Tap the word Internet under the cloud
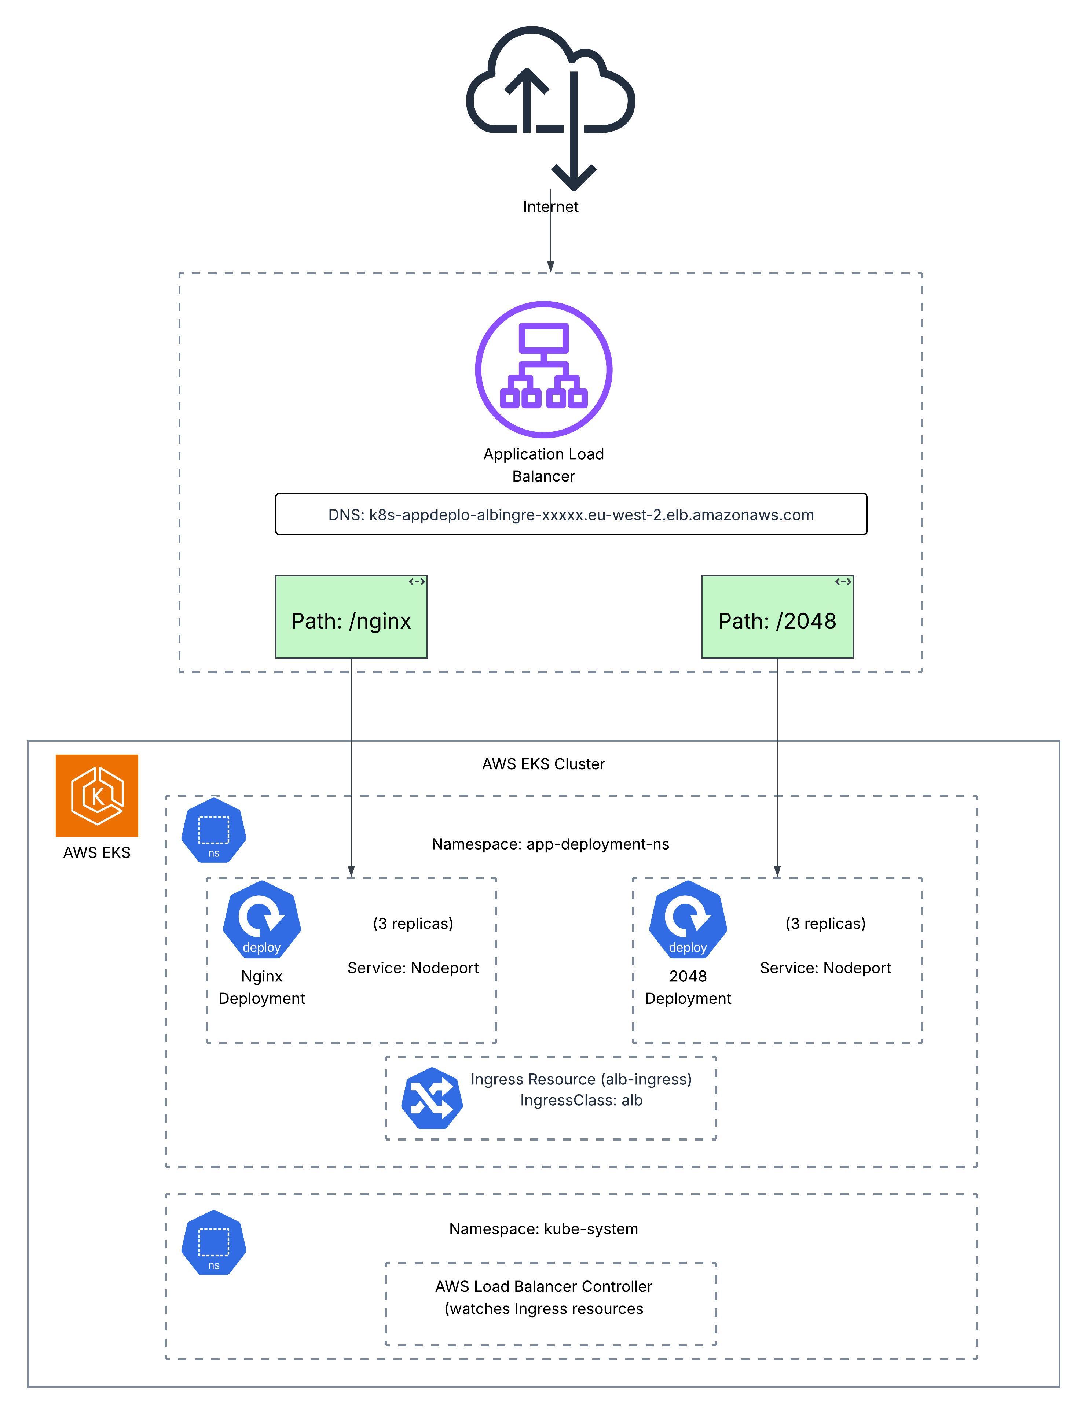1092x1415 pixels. point(550,207)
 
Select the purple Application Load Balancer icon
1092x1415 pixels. point(544,369)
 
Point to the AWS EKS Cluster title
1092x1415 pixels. point(543,764)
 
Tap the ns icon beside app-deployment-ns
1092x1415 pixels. point(213,830)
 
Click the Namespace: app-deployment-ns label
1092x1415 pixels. point(550,844)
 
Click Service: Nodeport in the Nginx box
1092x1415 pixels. point(413,968)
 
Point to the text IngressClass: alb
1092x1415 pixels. point(581,1100)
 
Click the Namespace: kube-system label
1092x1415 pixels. point(543,1229)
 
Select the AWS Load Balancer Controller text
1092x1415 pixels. point(543,1287)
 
